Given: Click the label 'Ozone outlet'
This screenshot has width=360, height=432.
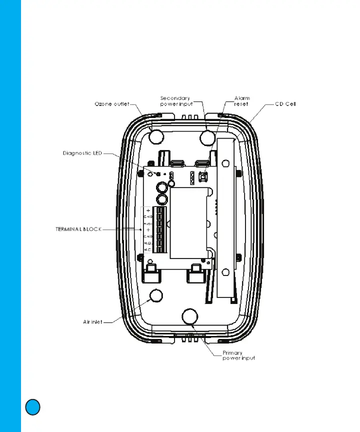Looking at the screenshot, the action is point(112,104).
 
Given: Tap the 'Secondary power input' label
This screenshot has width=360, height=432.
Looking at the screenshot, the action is point(176,101).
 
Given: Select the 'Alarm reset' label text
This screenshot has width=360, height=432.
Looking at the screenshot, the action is point(242,101).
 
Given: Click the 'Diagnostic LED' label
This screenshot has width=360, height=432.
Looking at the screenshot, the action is point(82,153).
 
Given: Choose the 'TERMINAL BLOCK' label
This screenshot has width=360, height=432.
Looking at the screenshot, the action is point(78,229).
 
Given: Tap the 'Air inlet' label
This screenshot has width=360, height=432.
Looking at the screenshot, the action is point(92,322).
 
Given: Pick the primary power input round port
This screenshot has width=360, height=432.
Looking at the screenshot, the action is point(189,316).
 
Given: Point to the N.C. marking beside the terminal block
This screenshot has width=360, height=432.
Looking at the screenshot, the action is point(148,248).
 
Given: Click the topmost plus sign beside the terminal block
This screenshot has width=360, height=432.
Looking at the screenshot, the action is point(148,210).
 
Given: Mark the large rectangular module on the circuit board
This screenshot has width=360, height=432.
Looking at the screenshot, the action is point(188,223).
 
